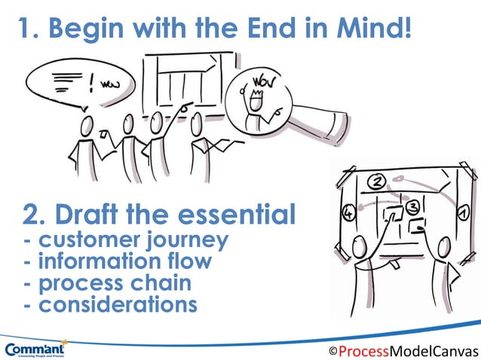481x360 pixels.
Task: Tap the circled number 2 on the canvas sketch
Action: (378, 180)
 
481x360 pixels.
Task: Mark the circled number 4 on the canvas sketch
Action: (348, 214)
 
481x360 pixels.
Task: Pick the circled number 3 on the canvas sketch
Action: (412, 206)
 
